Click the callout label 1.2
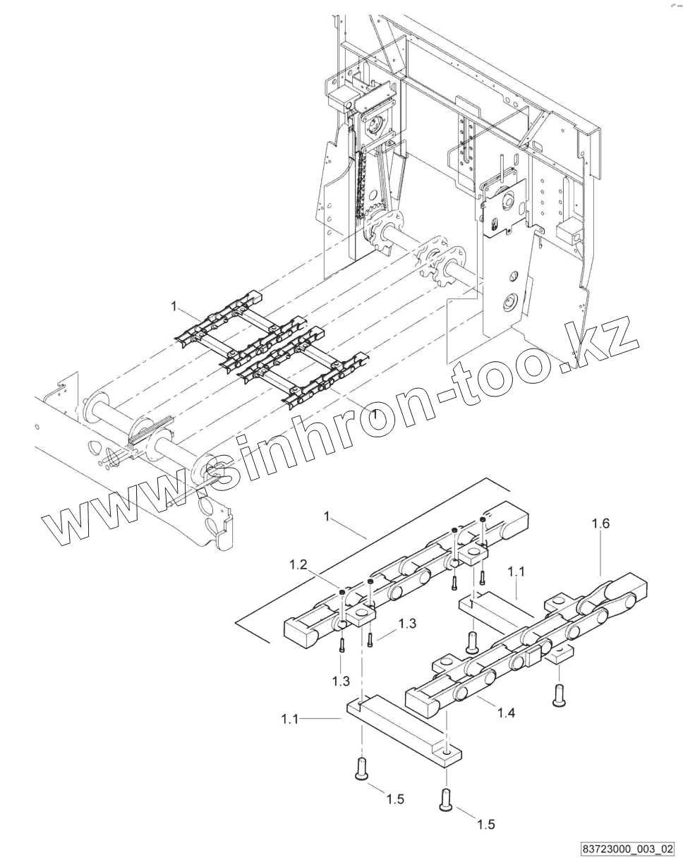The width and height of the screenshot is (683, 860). pyautogui.click(x=297, y=564)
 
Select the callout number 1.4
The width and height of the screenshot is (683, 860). pyautogui.click(x=505, y=713)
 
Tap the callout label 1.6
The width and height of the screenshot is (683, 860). pyautogui.click(x=600, y=523)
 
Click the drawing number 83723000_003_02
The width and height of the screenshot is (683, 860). pyautogui.click(x=628, y=847)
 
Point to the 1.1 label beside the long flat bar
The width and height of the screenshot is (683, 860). pyautogui.click(x=290, y=719)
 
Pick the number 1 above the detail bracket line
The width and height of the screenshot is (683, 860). pyautogui.click(x=327, y=517)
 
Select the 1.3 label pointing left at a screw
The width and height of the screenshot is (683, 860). pyautogui.click(x=407, y=624)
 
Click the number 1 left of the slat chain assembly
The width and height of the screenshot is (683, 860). pyautogui.click(x=173, y=305)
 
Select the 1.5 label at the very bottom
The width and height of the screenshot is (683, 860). pyautogui.click(x=486, y=824)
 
